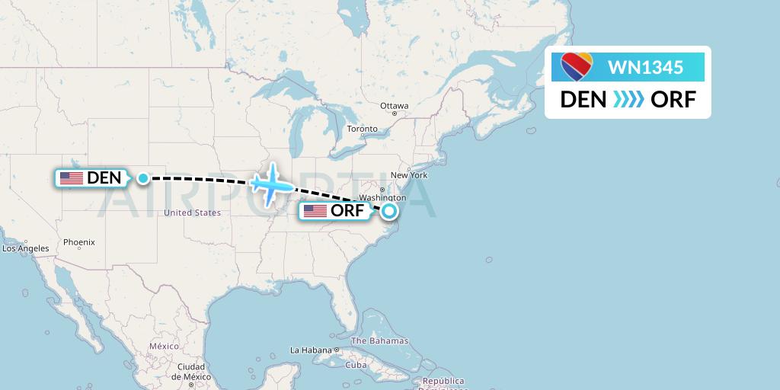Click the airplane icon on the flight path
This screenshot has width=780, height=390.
pos(270,184)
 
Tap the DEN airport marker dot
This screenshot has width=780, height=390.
pos(143,178)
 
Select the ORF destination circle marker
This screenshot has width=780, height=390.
pos(389,211)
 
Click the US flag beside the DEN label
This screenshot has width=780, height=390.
pos(72,178)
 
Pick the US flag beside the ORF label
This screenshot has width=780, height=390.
pos(315,211)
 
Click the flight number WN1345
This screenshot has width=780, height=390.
pos(645,67)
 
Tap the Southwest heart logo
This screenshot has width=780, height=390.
pos(577,67)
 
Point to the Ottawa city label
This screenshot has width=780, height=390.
pos(395,106)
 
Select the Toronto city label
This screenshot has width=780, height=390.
pos(363,129)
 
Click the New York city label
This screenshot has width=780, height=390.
pos(411,175)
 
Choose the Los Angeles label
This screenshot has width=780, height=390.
pos(25,248)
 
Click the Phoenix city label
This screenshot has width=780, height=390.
pos(79,242)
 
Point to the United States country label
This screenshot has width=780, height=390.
pos(192,213)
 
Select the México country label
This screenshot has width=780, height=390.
pos(164,346)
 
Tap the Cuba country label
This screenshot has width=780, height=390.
pos(356,365)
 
